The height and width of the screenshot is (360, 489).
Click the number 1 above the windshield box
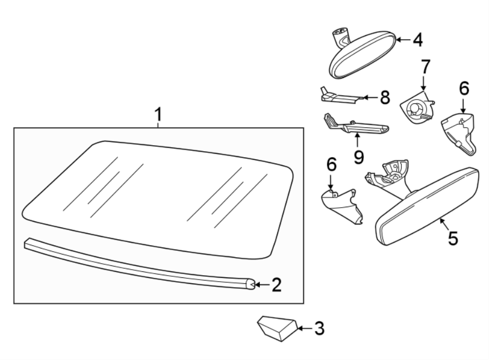tap(158, 115)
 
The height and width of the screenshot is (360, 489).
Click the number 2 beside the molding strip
tap(276, 284)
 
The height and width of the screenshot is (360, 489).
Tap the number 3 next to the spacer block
tap(319, 328)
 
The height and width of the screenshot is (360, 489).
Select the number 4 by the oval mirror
tap(417, 40)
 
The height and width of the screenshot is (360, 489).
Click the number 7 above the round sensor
tap(425, 67)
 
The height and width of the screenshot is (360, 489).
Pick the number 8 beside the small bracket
tap(385, 97)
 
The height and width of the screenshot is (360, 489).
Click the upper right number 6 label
tap(463, 88)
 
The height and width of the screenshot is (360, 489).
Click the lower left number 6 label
tap(331, 165)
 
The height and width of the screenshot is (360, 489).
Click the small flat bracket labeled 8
tap(337, 97)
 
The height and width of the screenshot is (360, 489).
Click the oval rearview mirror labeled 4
tap(364, 57)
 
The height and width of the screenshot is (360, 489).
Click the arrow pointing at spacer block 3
tap(304, 328)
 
